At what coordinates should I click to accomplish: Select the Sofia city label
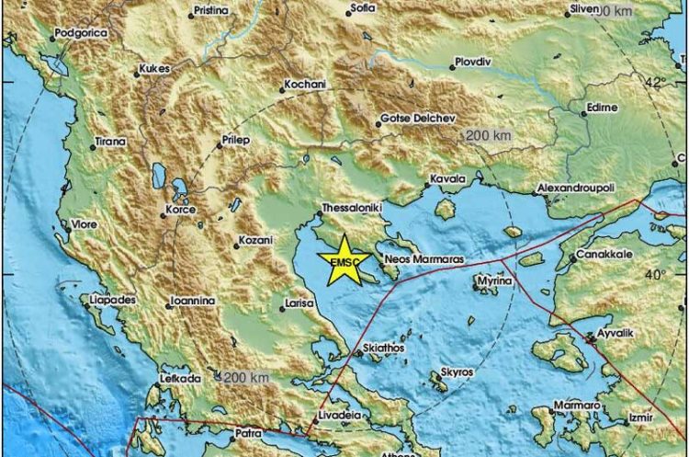(x=364, y=9)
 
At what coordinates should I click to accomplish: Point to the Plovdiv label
(x=475, y=64)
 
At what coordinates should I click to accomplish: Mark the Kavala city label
(x=447, y=178)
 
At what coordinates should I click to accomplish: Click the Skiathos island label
(x=385, y=348)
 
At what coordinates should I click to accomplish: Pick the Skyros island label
(x=457, y=371)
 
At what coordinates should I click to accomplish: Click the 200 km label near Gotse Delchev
(x=488, y=135)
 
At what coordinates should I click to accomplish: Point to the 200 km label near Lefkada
(x=246, y=378)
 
